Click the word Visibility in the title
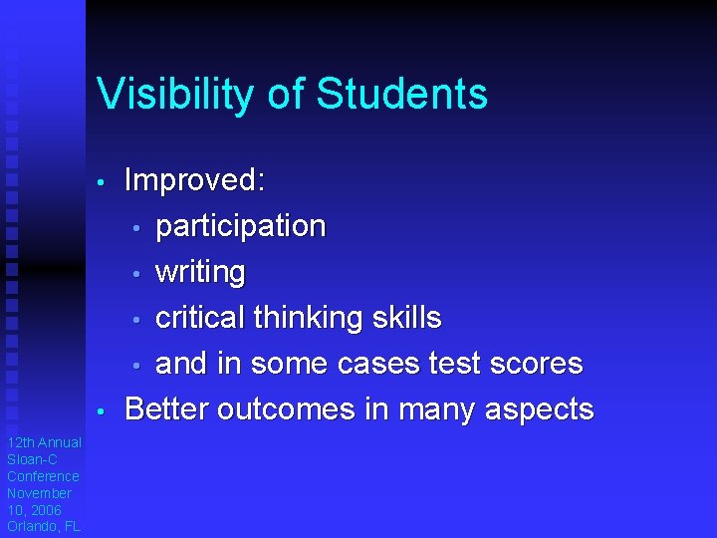(x=175, y=95)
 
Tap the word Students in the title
(x=401, y=95)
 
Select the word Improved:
(x=195, y=180)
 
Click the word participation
(x=240, y=227)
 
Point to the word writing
(x=200, y=272)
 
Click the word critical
(x=200, y=318)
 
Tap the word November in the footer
(x=39, y=493)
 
